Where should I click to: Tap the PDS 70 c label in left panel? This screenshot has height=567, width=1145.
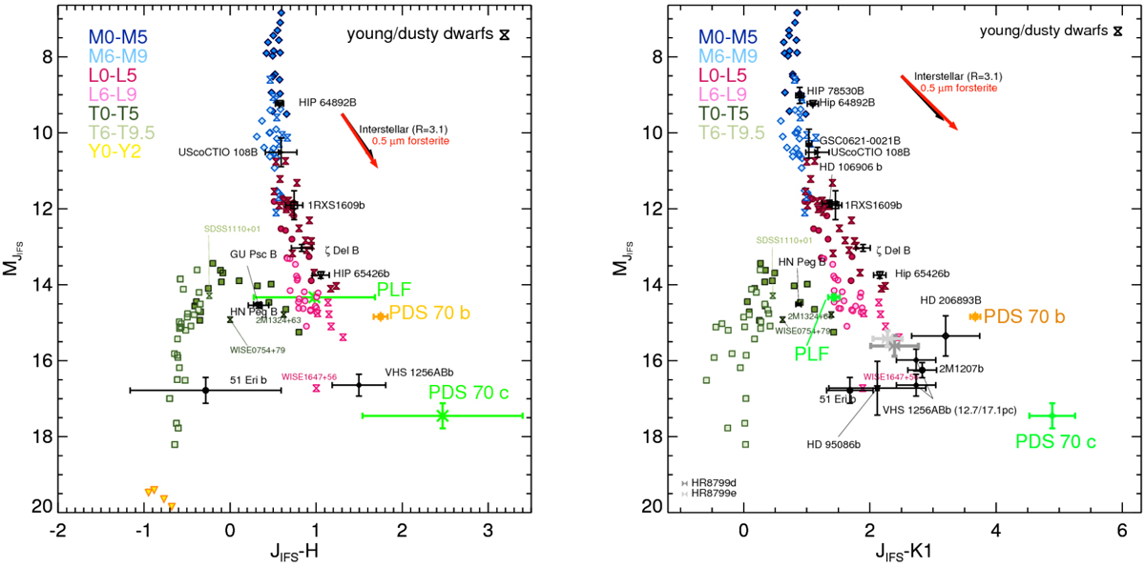coord(468,392)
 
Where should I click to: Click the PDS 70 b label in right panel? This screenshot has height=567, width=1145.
coord(1024,316)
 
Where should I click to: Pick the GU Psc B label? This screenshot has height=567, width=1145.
coord(252,254)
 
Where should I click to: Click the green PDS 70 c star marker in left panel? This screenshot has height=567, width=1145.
coord(443,415)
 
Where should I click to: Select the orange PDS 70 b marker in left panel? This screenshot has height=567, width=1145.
coord(379,315)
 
